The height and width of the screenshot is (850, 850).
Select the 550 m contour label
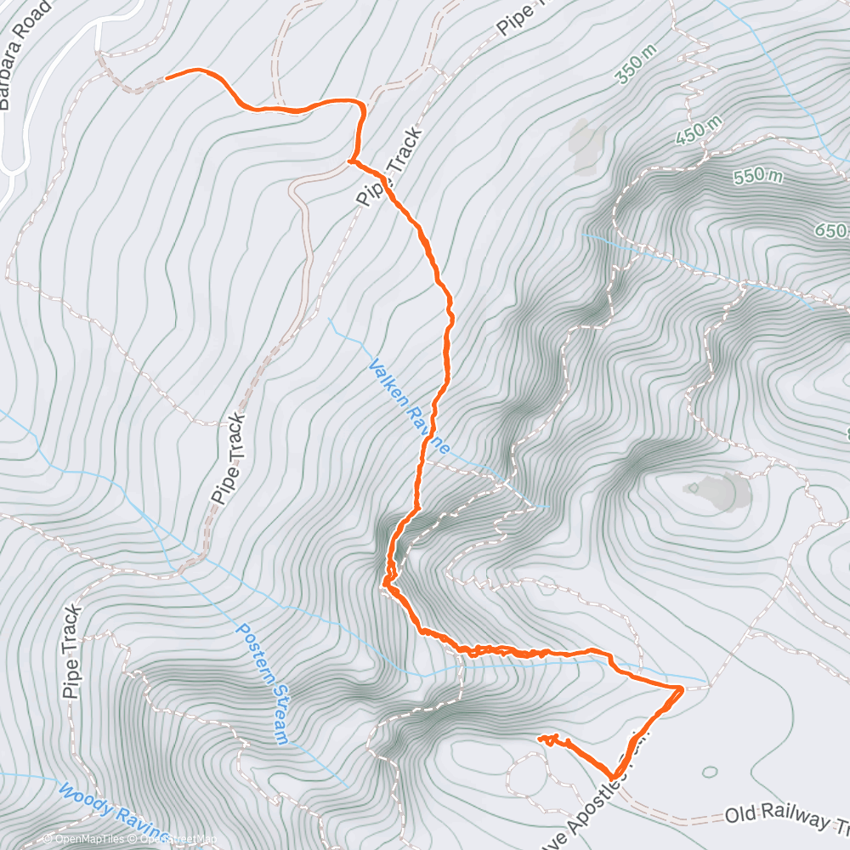click(x=756, y=176)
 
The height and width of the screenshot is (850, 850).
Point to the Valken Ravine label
click(x=409, y=405)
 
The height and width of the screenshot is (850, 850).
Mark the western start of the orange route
click(x=167, y=76)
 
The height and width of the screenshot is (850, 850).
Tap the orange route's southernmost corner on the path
click(x=613, y=776)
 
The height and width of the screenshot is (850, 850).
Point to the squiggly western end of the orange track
click(x=547, y=739)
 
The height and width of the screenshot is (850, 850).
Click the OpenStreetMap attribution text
click(x=170, y=841)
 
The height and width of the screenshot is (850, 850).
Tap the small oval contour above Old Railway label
click(x=710, y=772)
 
